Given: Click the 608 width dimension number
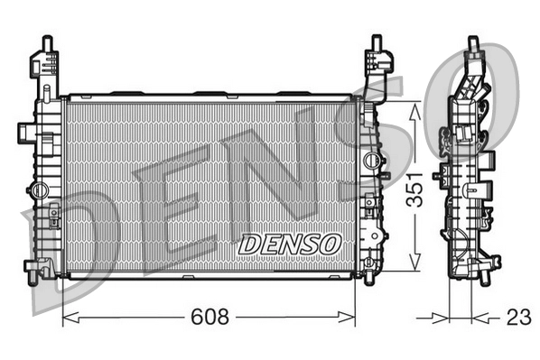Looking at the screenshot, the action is (209, 317).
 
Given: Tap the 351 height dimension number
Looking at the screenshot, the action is (414, 189).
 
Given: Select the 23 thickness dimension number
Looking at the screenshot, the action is (518, 318).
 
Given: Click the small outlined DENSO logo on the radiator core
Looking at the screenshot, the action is (290, 245).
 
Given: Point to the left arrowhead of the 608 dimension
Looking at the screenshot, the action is (71, 318).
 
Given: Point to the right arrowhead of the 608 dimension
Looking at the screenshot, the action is (347, 318).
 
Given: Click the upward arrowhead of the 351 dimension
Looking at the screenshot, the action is (414, 112).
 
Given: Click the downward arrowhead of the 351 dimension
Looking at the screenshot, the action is (414, 261).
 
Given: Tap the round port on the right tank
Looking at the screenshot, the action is (372, 160).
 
